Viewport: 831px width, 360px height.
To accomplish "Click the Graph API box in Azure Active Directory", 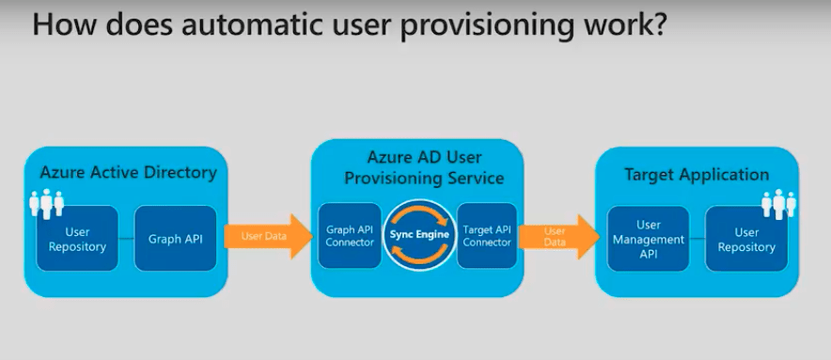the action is [176, 239].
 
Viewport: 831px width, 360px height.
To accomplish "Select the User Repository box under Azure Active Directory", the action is [77, 239].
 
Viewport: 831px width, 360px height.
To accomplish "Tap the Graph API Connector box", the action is [350, 235].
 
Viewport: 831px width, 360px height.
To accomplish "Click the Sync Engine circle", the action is [419, 234].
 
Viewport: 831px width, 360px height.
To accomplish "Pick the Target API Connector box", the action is [487, 235].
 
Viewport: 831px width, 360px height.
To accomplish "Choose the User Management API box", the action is [648, 239].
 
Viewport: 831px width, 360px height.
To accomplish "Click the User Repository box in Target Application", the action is [746, 239].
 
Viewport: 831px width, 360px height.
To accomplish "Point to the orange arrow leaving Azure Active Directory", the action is [269, 237].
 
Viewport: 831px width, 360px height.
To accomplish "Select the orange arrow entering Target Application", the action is [558, 237].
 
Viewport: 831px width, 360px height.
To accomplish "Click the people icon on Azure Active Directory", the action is [47, 204].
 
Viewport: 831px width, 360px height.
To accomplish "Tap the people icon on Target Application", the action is [778, 204].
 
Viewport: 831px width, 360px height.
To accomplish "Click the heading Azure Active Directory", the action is [129, 173].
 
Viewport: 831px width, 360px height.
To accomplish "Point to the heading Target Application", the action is [697, 175].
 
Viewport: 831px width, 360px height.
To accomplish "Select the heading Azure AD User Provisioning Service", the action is [424, 167].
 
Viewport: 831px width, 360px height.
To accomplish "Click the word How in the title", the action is [56, 25].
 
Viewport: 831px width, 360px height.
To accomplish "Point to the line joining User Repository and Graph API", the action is [126, 239].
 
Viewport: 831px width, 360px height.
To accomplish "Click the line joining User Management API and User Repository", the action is [697, 239].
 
